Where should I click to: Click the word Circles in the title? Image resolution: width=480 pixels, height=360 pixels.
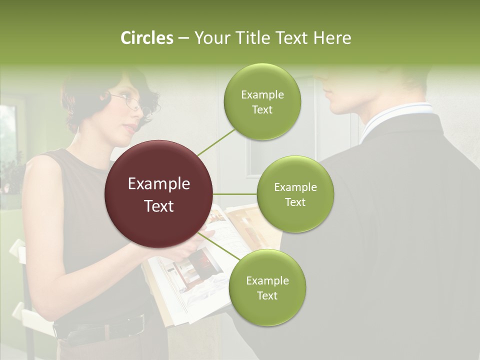pos(146,38)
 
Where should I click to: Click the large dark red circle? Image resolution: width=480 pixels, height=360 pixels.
pos(158,194)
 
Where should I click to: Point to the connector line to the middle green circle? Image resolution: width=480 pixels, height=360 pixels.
pos(235,194)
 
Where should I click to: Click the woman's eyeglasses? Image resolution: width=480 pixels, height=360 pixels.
pos(134,103)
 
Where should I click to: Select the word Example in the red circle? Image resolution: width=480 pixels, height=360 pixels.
pos(158,184)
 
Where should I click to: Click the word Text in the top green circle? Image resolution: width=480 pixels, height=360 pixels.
pos(262,109)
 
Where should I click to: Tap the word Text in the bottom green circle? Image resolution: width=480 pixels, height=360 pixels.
pos(267,295)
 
